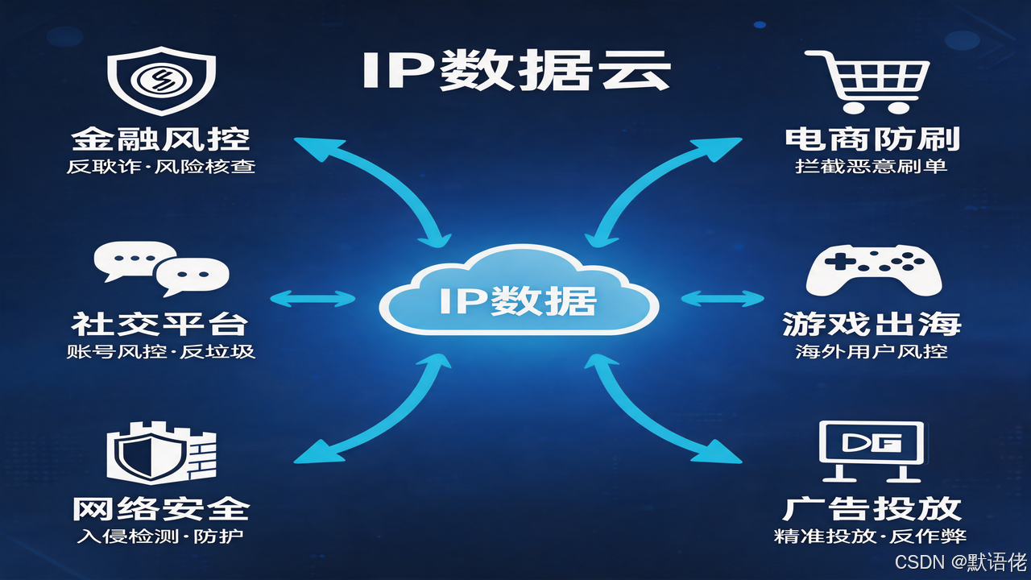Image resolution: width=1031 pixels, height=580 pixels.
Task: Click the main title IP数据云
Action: point(515,70)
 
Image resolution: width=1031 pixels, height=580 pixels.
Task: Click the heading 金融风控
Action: point(161,139)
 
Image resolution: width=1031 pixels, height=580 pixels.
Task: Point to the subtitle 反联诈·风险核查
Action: point(161,168)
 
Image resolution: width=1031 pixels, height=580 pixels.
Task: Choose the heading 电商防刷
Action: point(872,139)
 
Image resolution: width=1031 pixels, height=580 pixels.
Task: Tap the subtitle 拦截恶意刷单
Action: point(872,168)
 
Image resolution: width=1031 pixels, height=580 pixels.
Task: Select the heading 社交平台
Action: point(159,324)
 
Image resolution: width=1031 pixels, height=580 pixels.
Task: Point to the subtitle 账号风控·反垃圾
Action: point(160,352)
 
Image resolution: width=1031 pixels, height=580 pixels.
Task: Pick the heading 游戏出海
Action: point(872,324)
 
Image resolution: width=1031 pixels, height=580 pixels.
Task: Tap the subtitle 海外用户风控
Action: point(872,352)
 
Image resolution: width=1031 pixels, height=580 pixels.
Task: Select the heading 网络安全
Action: point(161,509)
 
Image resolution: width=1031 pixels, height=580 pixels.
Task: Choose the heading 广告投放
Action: point(872,509)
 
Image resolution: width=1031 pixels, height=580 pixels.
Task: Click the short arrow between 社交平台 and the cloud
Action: point(313,299)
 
